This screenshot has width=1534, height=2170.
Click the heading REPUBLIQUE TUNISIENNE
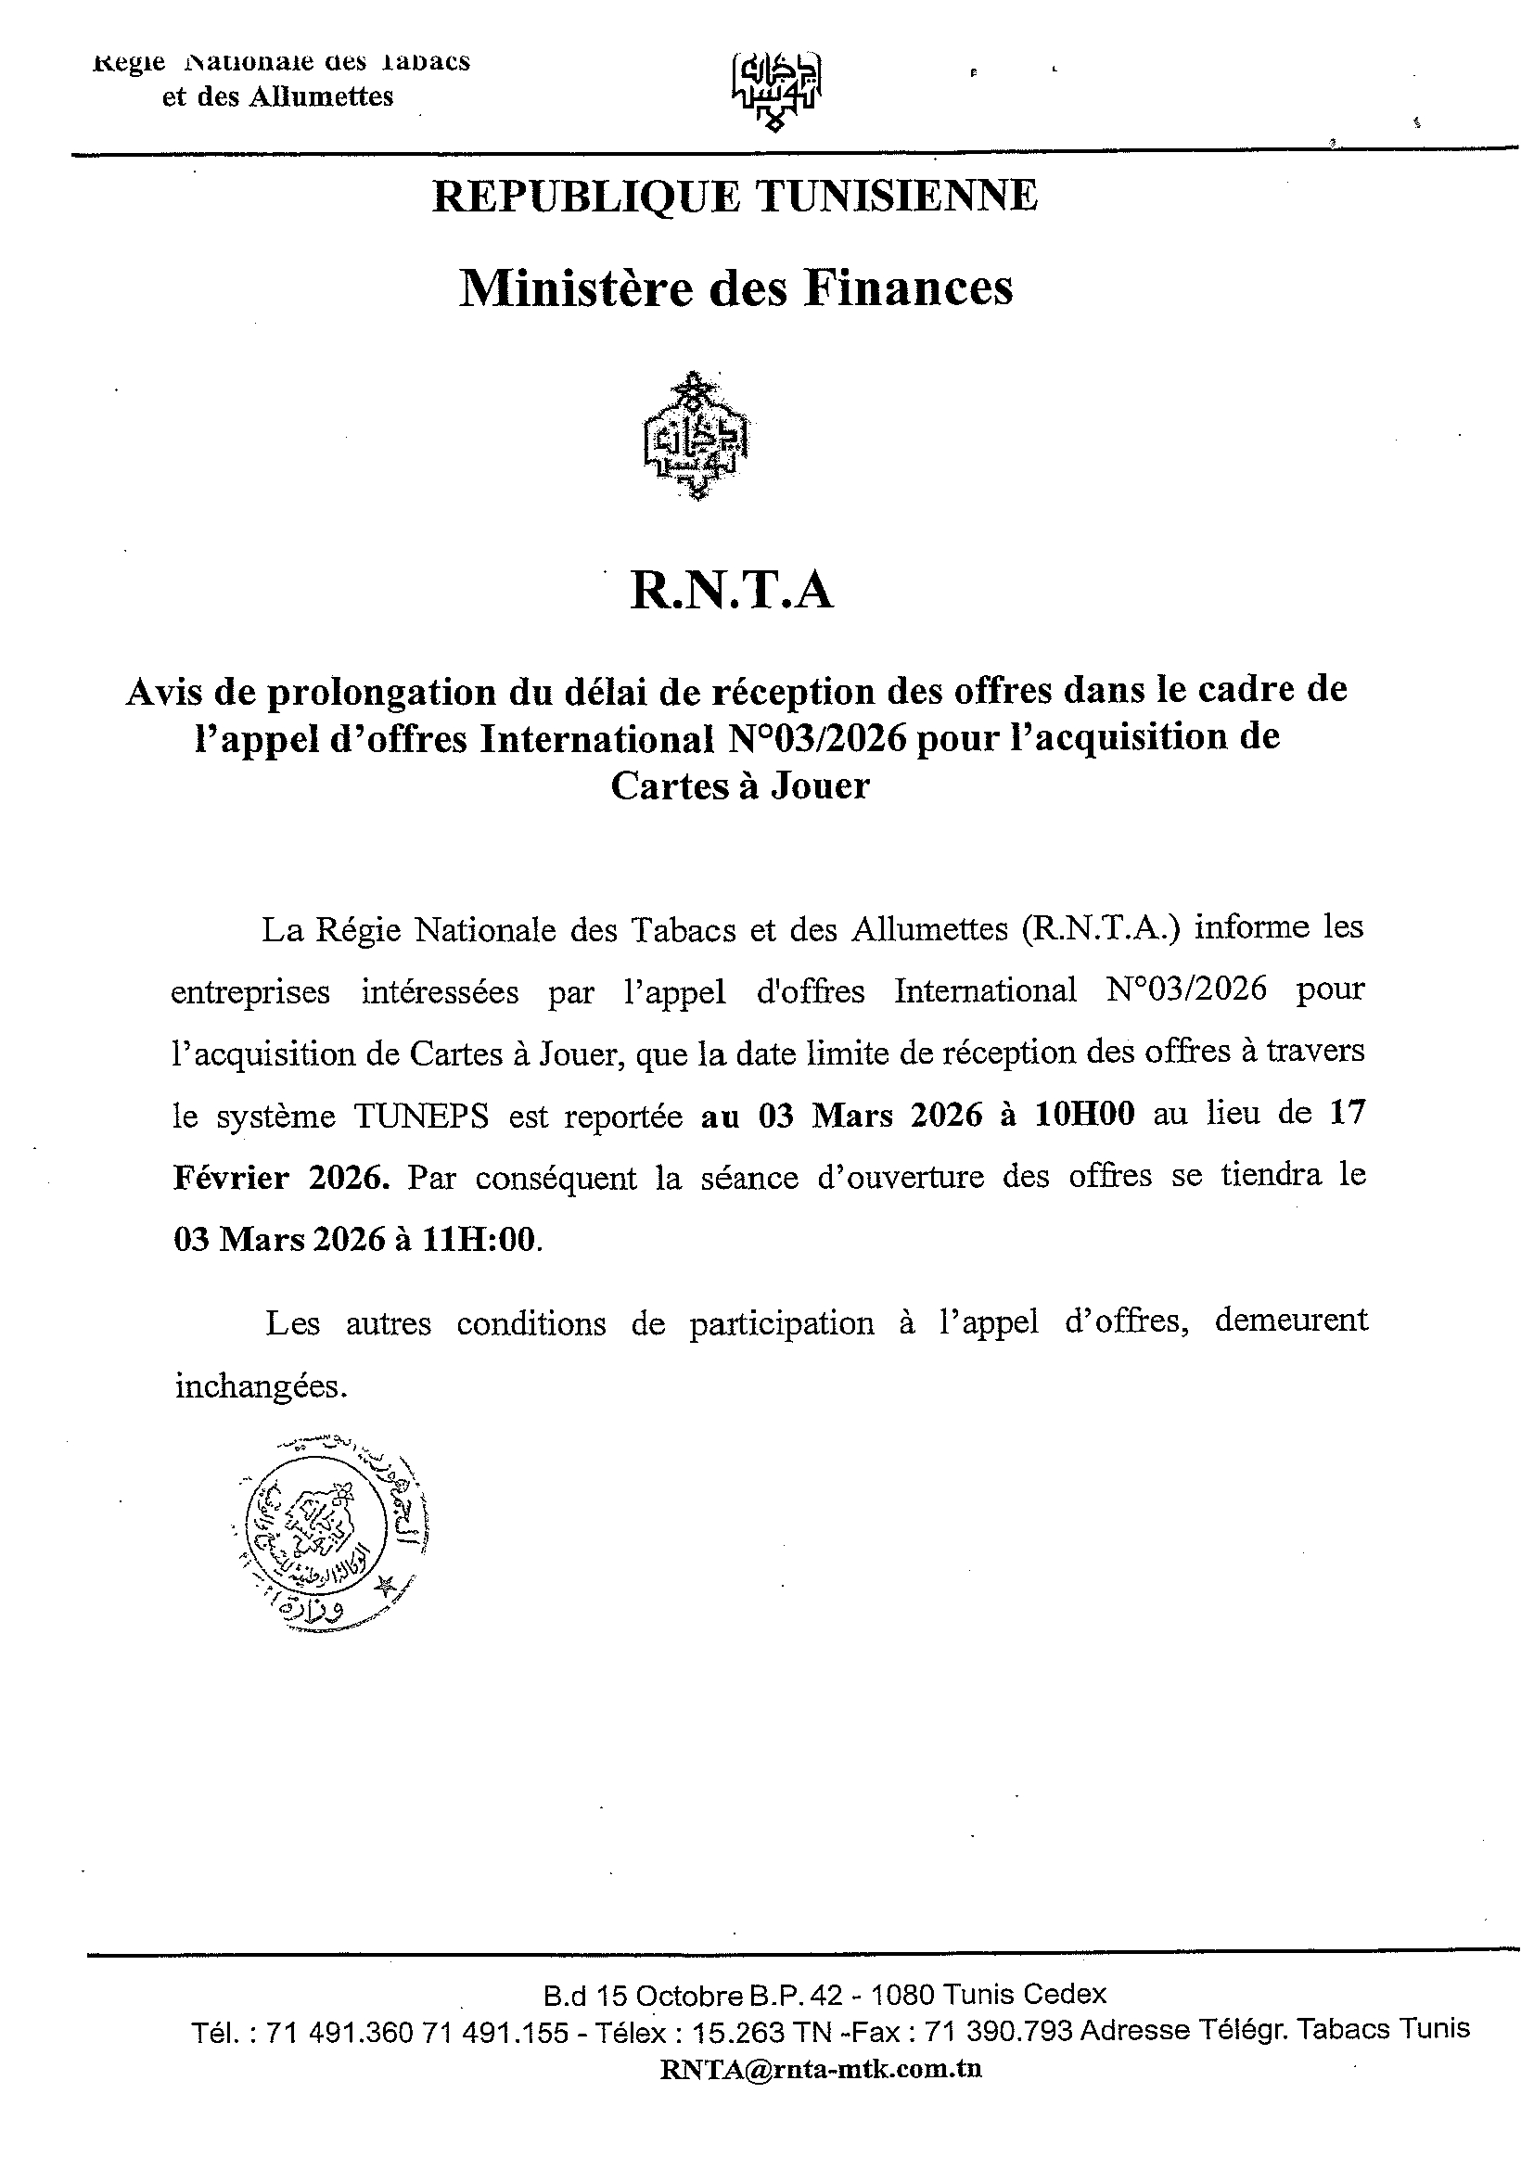735,197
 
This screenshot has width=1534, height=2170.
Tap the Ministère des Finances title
735,288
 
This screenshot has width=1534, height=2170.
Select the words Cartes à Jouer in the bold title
739,785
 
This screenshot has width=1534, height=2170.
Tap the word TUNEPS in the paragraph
422,1117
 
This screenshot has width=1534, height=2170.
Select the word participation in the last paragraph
781,1323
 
